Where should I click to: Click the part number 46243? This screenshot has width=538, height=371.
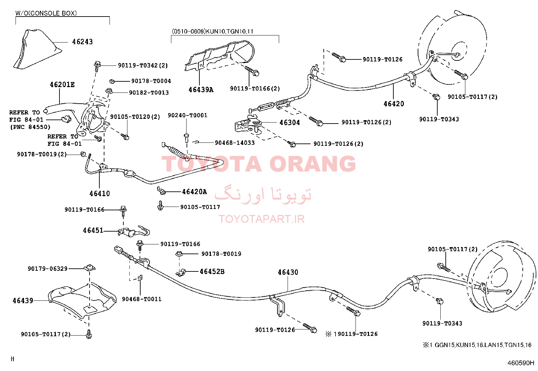82,42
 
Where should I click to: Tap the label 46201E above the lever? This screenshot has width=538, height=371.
62,84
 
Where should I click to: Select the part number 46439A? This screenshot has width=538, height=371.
201,90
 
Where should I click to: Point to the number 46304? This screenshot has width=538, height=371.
290,123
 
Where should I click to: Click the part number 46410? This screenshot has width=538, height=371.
99,194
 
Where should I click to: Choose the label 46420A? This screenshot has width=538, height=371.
194,192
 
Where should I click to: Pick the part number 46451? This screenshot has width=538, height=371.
93,231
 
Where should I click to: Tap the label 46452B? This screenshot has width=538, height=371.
212,272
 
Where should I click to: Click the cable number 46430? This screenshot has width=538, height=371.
288,272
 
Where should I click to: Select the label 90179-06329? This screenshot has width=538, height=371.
48,269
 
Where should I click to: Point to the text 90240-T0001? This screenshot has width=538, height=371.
187,115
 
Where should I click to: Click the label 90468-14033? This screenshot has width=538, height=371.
235,143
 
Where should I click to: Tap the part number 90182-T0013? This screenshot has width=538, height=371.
149,92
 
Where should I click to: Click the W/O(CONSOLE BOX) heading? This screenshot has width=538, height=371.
46,13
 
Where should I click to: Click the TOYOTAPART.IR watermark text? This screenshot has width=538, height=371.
262,219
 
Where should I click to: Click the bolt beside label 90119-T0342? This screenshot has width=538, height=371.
97,65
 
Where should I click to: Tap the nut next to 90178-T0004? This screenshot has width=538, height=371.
112,82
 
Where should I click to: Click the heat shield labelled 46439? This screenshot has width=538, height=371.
82,300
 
